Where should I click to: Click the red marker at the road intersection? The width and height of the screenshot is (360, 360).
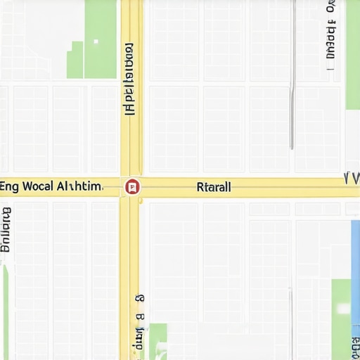[131, 187]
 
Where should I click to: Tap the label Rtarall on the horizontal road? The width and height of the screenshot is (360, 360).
[214, 188]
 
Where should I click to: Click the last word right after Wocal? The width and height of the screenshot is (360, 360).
[79, 187]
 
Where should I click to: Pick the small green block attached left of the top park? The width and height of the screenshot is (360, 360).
[75, 60]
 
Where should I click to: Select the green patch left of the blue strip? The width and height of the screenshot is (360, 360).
[341, 309]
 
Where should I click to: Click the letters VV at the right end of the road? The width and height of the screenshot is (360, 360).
[351, 177]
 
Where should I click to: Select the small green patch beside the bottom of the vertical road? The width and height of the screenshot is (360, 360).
[158, 337]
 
